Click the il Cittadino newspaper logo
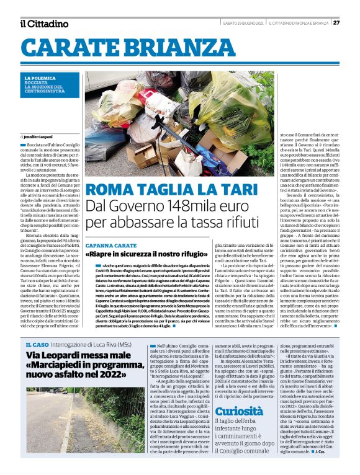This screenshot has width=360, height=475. (x=44, y=24)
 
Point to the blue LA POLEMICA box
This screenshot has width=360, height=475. (x=50, y=88)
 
